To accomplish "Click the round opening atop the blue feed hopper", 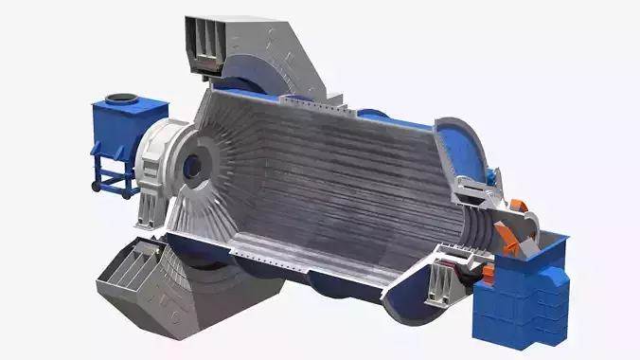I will (x=121, y=99).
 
